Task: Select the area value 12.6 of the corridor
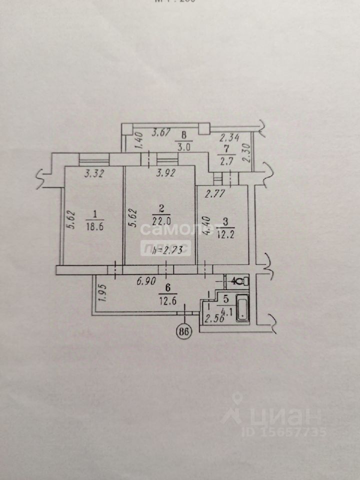pyautogui.click(x=163, y=300)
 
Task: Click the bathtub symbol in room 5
pyautogui.click(x=242, y=307)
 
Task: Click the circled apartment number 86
pyautogui.click(x=186, y=332)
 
